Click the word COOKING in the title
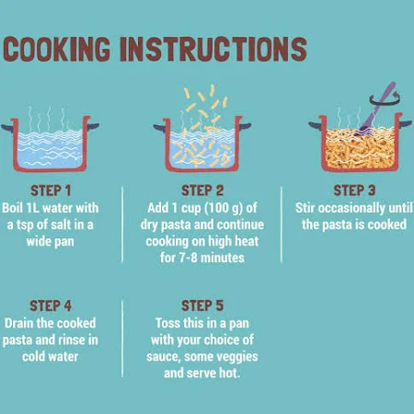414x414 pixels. coord(57,49)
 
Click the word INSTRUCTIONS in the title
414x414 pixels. coord(213,49)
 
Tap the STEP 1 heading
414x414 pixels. coord(51,190)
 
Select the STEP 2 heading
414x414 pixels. coord(202,190)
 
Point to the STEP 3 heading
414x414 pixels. coord(354,190)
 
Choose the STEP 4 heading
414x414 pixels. coord(51,305)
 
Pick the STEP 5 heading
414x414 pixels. coord(202,305)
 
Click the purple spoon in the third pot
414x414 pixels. coord(375,109)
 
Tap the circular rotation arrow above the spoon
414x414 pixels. coord(385,98)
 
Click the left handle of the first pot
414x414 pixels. coord(6,127)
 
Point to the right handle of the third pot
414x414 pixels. coord(406,123)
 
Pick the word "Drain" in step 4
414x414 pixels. coord(19,323)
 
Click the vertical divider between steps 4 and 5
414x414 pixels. coord(122,339)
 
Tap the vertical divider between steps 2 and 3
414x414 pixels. coord(282,224)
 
